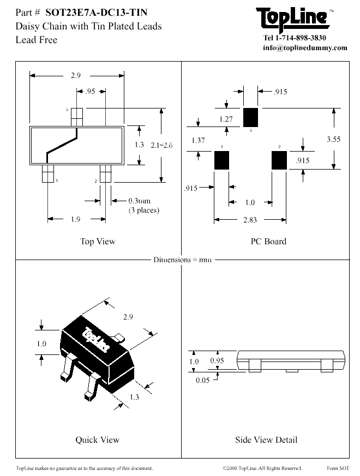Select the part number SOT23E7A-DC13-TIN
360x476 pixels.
[x=96, y=12]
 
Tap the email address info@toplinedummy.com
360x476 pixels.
[x=305, y=47]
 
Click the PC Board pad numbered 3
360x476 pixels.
[x=250, y=117]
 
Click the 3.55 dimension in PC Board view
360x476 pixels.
[x=333, y=139]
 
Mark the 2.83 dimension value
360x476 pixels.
[x=249, y=219]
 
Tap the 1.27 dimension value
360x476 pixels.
[x=226, y=119]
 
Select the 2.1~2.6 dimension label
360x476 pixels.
[x=161, y=145]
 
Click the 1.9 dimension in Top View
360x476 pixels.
[x=75, y=219]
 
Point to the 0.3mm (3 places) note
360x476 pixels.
[x=143, y=206]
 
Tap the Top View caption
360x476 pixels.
[x=98, y=242]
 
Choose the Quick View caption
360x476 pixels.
[x=97, y=439]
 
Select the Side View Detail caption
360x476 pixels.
[x=266, y=439]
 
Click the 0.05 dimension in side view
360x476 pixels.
[x=202, y=380]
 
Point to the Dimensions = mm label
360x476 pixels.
[x=182, y=260]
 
